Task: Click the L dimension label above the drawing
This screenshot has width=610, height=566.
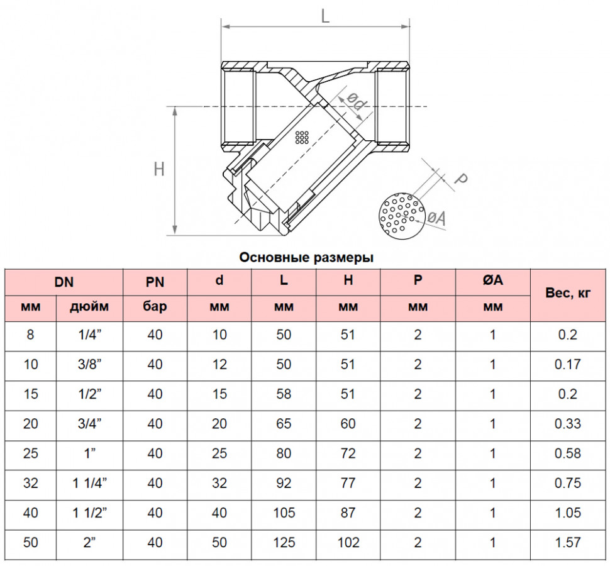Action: [x=325, y=16]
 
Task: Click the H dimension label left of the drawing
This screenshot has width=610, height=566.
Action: [x=159, y=169]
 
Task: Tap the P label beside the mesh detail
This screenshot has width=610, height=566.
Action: [x=460, y=179]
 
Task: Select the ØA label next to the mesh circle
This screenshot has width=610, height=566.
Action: [x=436, y=218]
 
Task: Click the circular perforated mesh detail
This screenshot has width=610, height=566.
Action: [x=402, y=216]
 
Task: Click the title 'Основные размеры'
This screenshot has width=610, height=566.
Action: [x=306, y=257]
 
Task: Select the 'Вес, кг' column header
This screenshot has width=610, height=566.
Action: [x=568, y=292]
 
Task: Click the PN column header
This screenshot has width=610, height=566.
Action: [x=155, y=282]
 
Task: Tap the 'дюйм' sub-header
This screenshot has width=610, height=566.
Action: [x=89, y=307]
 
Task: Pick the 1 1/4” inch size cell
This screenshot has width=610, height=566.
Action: [x=90, y=483]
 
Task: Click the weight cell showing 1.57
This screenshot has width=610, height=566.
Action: [x=568, y=542]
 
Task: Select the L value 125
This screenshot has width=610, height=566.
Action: [x=284, y=542]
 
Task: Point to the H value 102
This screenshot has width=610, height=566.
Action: [x=348, y=542]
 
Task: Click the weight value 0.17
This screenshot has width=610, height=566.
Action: [x=568, y=364]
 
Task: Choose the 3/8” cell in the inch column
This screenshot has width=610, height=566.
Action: [x=90, y=364]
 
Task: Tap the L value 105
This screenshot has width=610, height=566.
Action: [x=284, y=513]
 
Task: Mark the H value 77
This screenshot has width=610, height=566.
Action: [x=348, y=483]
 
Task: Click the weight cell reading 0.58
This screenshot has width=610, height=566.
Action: [x=568, y=453]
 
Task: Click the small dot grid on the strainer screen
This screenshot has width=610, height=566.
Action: [x=302, y=137]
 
